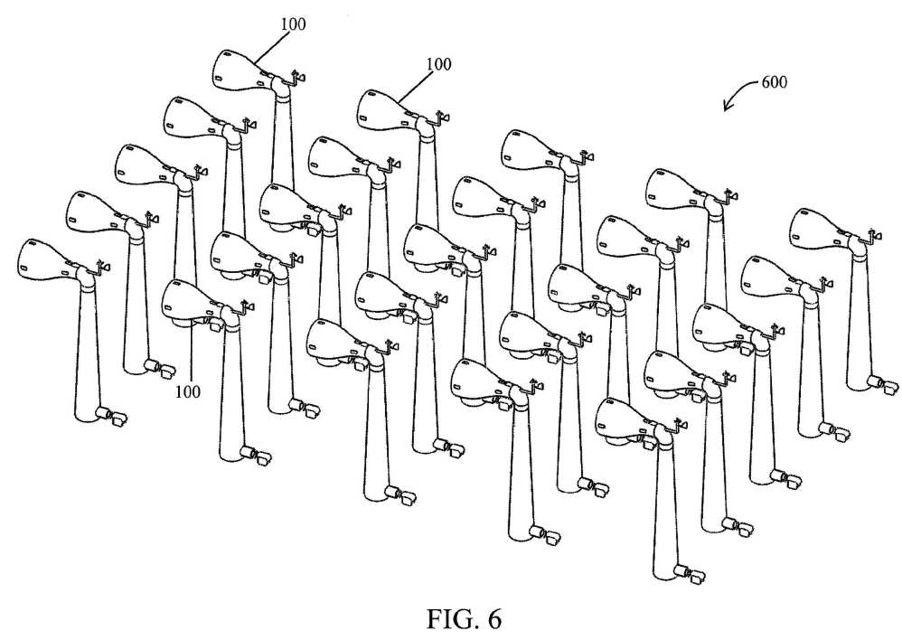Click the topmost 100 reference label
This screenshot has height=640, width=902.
(294, 24)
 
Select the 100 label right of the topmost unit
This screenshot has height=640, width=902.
(438, 64)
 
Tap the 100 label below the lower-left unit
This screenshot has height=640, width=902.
(187, 392)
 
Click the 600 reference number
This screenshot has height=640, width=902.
(775, 82)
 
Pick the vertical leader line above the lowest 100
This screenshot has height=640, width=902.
(191, 355)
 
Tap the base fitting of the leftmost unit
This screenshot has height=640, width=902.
(111, 416)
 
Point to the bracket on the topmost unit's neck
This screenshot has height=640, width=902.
(297, 79)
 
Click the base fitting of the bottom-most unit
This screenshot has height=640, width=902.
(689, 574)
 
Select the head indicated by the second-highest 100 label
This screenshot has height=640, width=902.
(386, 110)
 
